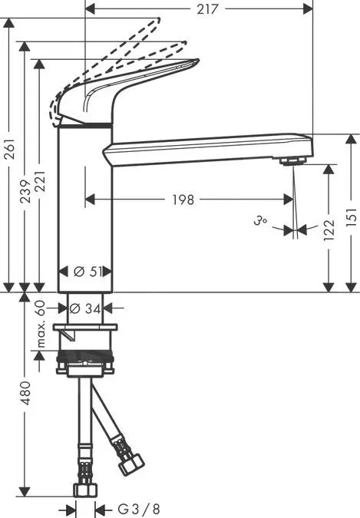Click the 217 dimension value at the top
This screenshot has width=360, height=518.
(204, 9)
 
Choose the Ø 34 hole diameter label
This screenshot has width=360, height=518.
(86, 308)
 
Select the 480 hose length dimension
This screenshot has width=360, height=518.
(25, 393)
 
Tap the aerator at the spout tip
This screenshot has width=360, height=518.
(292, 160)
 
